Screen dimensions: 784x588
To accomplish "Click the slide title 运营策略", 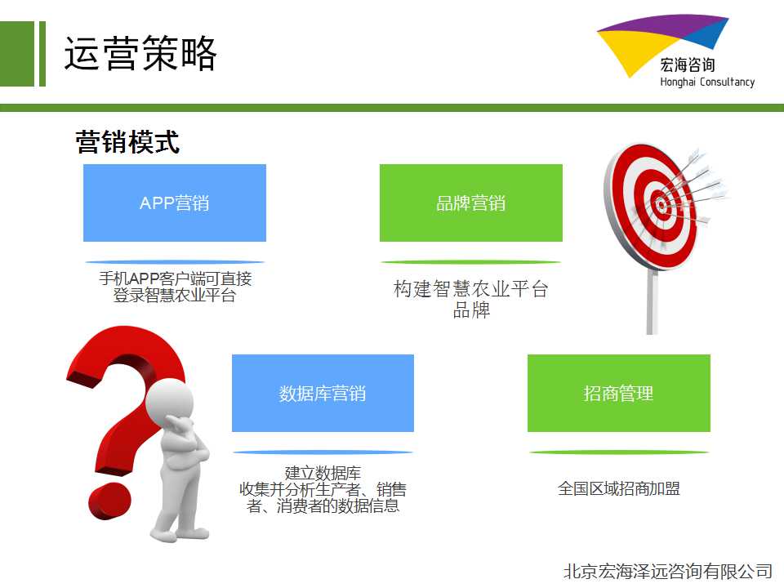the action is pos(140,53).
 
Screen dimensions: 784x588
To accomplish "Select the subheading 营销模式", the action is pos(127,142).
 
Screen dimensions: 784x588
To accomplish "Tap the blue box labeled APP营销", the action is pos(175,203).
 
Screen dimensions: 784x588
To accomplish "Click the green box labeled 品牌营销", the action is pos(471,203).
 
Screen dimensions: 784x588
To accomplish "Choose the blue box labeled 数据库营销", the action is pos(323,393).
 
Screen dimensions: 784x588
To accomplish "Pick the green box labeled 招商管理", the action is pos(619,393).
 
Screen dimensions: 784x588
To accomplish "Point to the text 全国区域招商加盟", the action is pos(619,488).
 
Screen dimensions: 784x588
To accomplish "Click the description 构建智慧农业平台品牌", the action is pos(471,299).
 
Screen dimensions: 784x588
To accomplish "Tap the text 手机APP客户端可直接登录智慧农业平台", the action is pos(175,287).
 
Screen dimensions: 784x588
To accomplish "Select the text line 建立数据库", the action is pos(323,473).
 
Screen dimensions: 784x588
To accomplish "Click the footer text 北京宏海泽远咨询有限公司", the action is pos(668,571).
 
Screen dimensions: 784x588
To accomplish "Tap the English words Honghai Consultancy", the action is pos(707,82).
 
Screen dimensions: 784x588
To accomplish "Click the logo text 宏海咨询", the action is pos(688,65).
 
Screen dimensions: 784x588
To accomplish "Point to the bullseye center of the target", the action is pos(661,204).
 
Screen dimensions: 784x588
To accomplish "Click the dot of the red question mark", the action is pos(110,501).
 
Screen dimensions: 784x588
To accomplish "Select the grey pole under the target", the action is pos(652,301).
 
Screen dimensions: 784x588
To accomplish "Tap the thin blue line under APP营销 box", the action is pos(175,262).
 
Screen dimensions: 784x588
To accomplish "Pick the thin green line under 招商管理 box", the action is pos(619,452).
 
